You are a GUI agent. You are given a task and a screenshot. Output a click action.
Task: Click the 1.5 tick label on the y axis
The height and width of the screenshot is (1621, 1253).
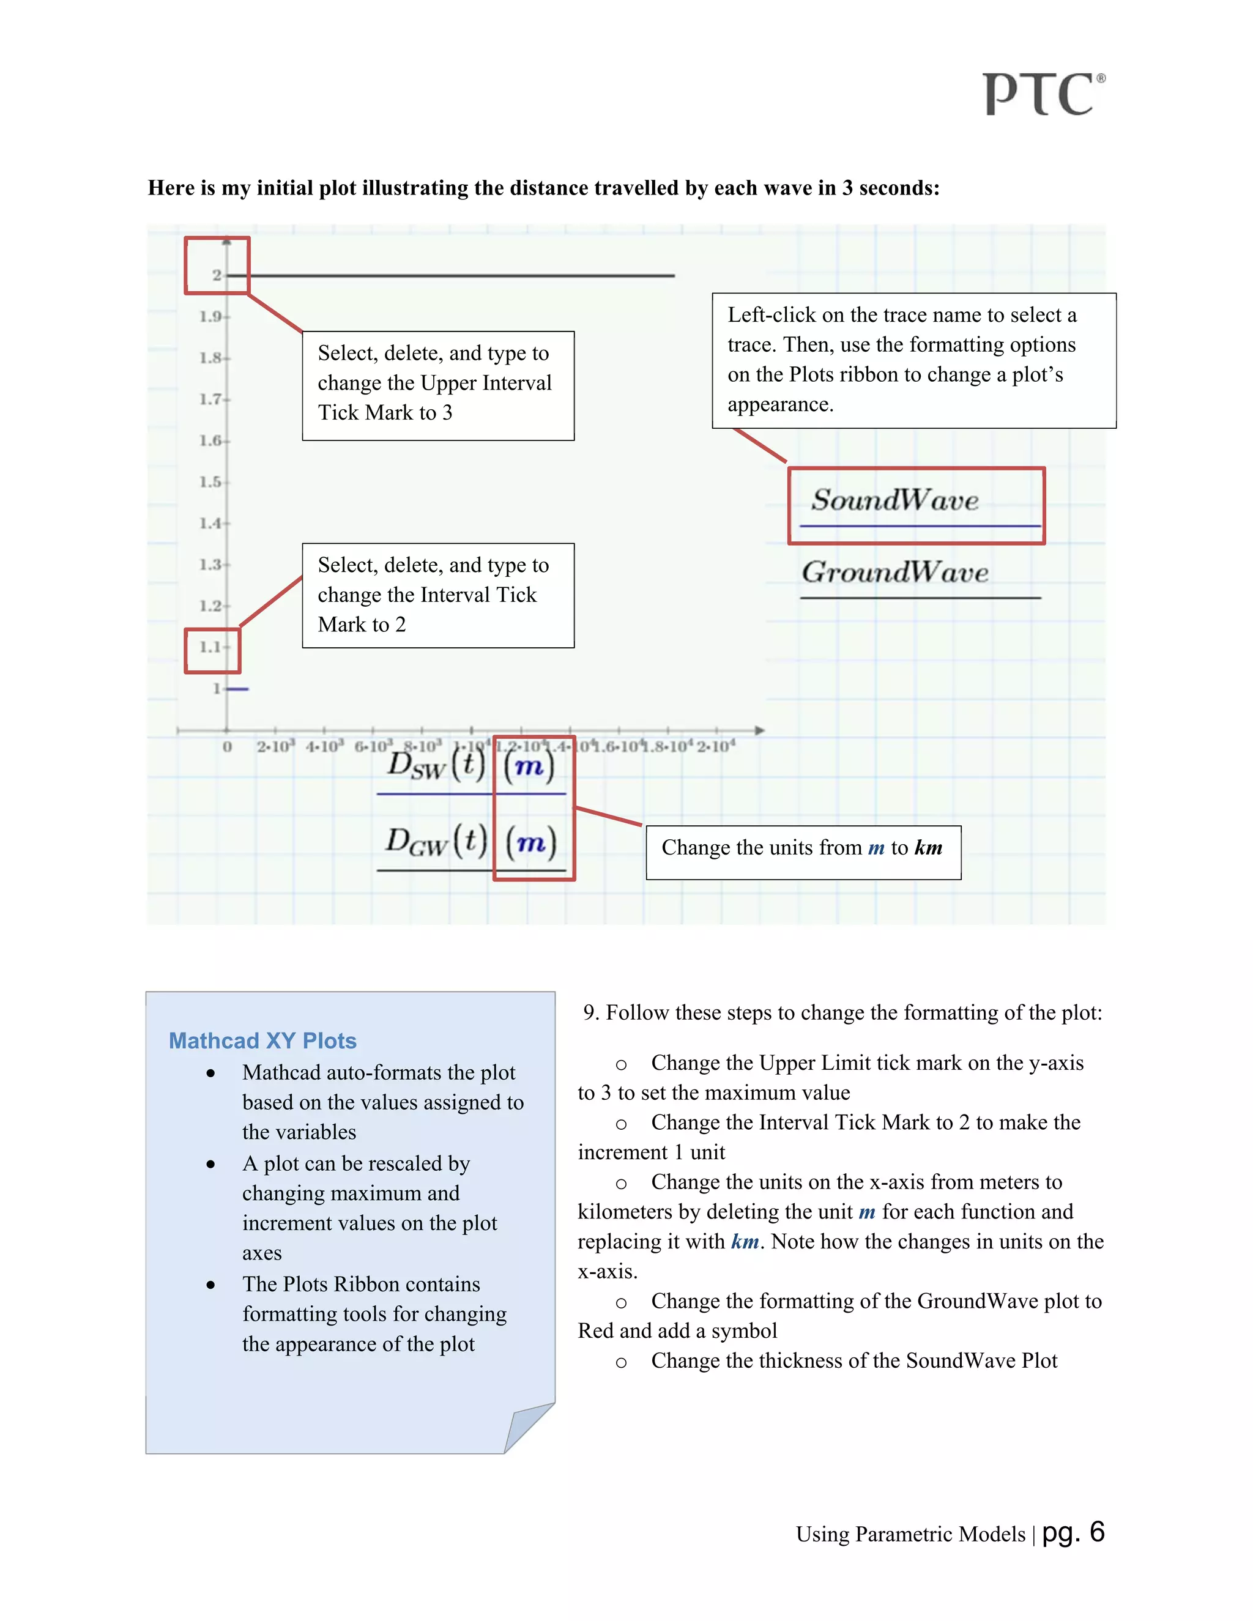point(210,481)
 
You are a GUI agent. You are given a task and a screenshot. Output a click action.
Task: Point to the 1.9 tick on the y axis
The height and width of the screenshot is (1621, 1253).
point(210,317)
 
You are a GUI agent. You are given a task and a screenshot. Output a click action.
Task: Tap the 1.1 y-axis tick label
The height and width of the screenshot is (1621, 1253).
point(210,647)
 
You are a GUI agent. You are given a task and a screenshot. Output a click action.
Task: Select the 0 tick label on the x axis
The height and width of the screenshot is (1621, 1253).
point(227,747)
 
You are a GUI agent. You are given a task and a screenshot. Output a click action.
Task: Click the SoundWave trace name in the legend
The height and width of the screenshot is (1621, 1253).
point(894,500)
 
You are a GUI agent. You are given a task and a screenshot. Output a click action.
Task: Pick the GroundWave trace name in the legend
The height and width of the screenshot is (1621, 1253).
point(894,573)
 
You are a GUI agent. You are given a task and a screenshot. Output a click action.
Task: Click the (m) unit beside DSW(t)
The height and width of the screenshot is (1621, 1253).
point(529,766)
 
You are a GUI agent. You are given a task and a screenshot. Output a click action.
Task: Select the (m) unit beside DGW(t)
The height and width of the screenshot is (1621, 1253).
point(530,842)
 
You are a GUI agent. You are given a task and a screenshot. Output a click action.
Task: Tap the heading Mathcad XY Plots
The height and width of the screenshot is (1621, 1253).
point(262,1040)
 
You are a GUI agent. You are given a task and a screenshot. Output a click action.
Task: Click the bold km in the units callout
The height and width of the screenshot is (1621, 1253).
point(928,848)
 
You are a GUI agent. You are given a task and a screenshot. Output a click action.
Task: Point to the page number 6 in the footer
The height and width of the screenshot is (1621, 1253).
point(1097,1532)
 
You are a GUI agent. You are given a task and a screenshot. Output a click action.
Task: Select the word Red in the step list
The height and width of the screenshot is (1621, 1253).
point(595,1331)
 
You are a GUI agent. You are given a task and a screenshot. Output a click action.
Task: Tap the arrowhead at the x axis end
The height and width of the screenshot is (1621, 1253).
point(759,730)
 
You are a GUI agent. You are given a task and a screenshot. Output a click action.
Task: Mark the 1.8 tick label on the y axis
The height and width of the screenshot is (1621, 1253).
point(210,358)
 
